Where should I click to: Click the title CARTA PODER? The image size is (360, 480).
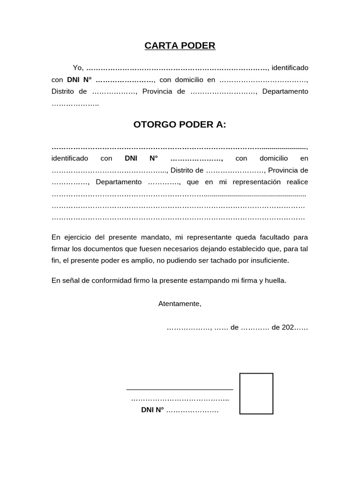click(180, 45)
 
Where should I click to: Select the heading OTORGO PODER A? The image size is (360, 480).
click(180, 125)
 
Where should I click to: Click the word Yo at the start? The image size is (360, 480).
click(77, 68)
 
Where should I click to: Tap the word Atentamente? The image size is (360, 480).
click(180, 304)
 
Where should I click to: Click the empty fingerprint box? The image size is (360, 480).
click(256, 394)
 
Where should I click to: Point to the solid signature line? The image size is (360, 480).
click(180, 390)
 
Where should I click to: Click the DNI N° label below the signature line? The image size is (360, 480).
click(152, 410)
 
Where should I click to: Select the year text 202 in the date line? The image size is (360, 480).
click(287, 327)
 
